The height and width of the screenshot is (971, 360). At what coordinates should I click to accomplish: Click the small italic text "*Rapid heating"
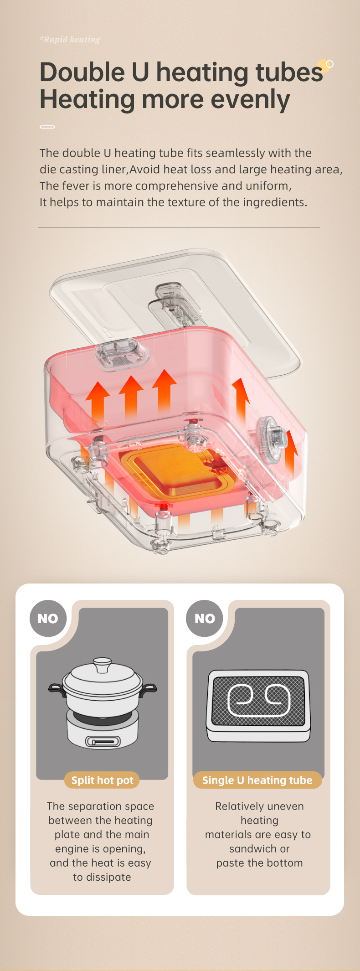coord(70,39)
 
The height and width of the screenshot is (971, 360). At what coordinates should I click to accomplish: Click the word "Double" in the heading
coord(82,72)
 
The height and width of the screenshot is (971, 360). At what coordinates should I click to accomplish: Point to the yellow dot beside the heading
coord(324,66)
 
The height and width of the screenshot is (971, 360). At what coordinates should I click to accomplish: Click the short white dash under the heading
coord(47,127)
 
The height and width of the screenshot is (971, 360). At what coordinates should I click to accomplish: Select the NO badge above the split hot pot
coord(48,619)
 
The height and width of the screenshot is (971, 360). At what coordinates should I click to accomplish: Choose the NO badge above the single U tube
coord(205,619)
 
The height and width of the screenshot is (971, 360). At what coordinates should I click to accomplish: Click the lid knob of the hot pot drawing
coord(102,665)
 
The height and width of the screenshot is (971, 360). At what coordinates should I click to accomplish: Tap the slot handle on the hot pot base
coord(103,742)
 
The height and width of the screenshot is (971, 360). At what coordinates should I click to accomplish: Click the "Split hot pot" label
coord(102,780)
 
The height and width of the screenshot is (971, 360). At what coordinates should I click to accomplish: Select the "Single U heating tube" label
coord(257,780)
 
